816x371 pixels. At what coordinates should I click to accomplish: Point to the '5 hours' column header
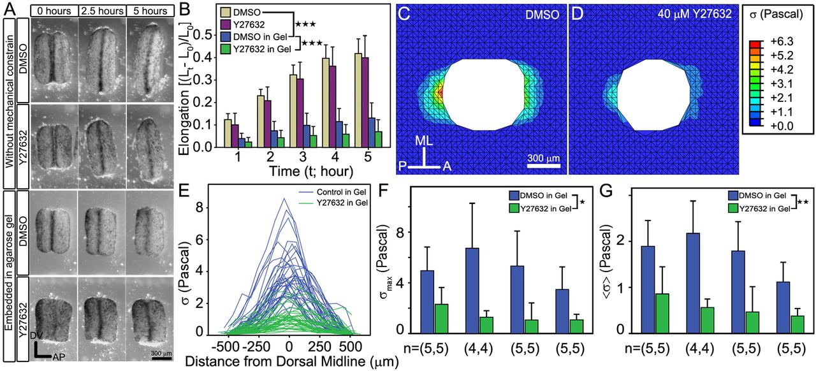[150, 11]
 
